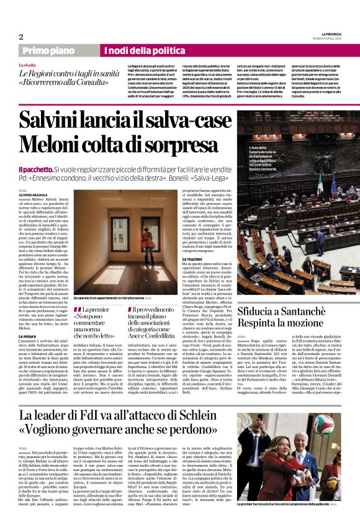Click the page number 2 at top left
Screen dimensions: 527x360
[20, 37]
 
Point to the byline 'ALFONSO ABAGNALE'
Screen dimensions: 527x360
[33, 193]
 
